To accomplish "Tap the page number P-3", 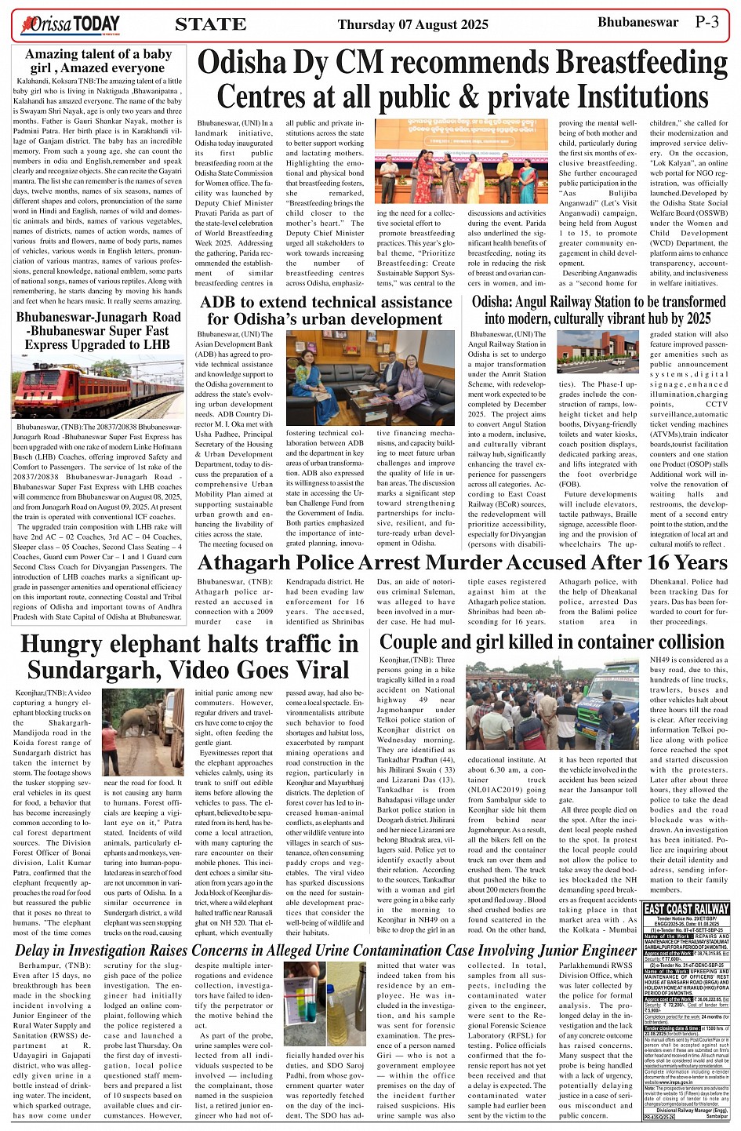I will (711, 22).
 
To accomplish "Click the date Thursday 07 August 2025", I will (412, 25).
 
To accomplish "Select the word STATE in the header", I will (210, 24).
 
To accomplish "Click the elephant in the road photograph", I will (143, 732).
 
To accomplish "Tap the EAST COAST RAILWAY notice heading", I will (686, 909).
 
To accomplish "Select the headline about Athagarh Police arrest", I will (451, 562).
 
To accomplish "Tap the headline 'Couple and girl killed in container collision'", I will (540, 642).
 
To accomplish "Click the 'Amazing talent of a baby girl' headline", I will (98, 60).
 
